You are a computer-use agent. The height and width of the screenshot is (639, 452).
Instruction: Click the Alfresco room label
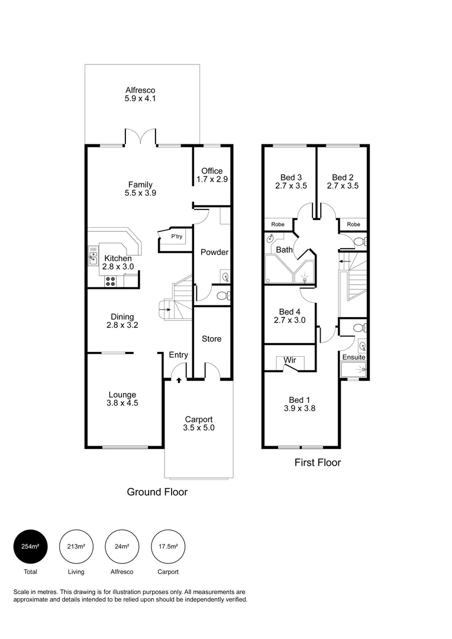point(140,90)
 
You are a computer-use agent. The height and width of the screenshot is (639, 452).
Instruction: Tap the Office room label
point(212,171)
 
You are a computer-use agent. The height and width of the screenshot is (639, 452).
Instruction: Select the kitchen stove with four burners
point(111,281)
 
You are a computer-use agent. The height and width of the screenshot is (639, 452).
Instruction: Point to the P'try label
point(176,237)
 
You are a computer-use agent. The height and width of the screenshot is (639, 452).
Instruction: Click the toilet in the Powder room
point(222,295)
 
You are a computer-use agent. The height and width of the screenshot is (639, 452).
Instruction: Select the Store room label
point(211,339)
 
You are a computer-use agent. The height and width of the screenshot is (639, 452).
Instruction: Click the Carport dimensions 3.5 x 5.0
point(198,427)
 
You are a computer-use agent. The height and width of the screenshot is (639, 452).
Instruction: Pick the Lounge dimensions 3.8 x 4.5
point(122,404)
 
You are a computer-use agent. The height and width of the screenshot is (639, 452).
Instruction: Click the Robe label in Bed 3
point(278,225)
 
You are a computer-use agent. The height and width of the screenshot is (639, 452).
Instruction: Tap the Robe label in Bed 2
point(353,225)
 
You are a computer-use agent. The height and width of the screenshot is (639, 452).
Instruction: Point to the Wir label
point(290,360)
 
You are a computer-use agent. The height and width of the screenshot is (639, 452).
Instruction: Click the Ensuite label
point(354,357)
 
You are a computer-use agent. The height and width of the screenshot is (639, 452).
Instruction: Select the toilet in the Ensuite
point(357,327)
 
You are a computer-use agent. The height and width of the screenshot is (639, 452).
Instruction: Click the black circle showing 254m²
point(30,546)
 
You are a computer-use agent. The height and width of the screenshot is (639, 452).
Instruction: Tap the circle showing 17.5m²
point(168,546)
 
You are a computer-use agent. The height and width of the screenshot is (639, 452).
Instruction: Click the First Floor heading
point(318,463)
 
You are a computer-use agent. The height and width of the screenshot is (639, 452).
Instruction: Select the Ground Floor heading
point(157,492)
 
